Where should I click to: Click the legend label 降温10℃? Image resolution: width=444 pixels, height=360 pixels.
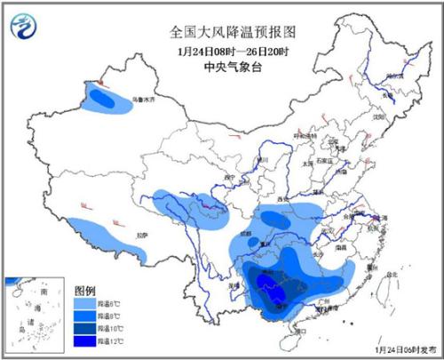pos(111,330)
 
